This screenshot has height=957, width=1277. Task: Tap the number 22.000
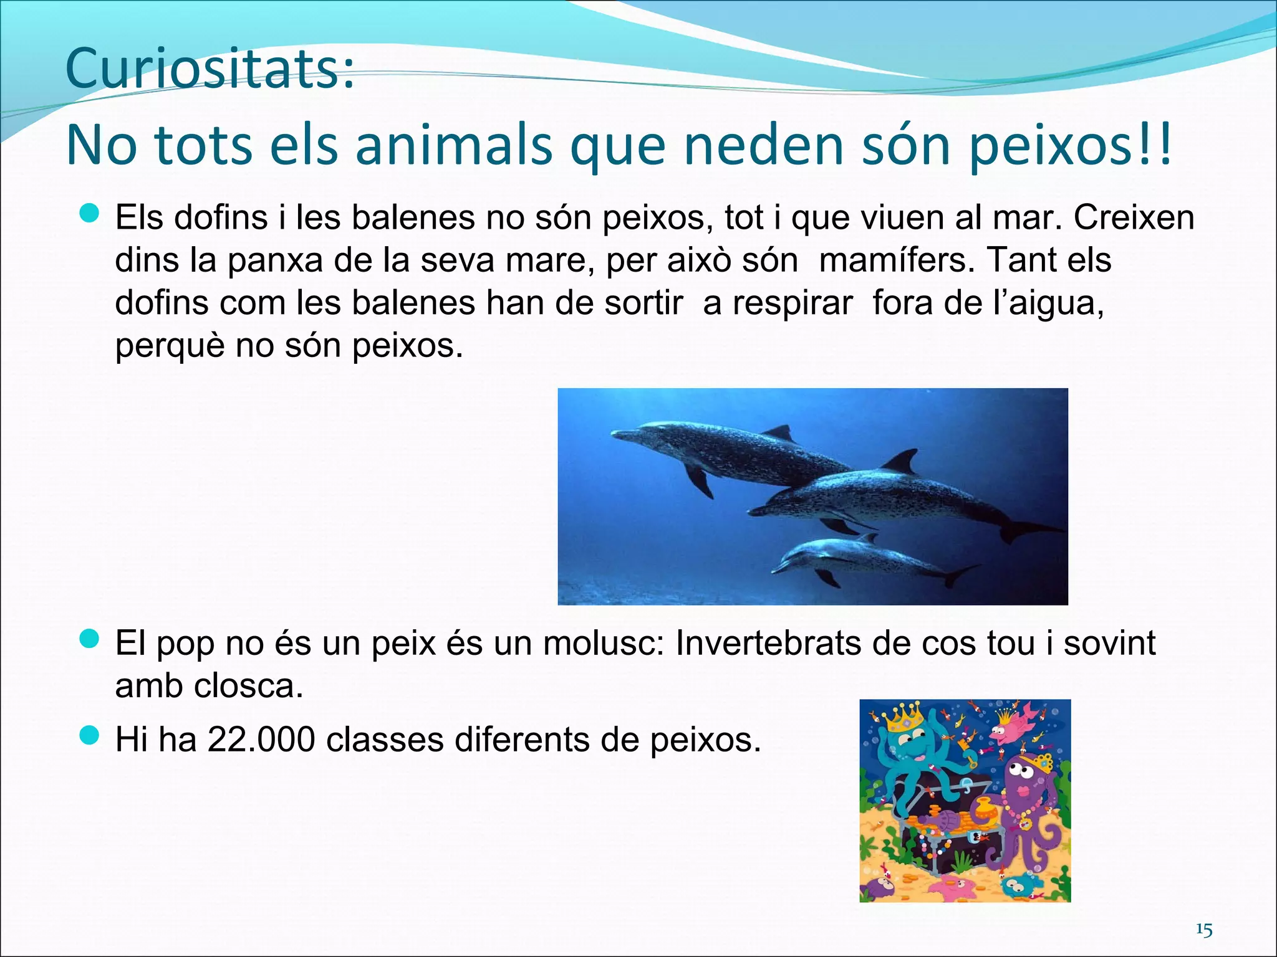261,740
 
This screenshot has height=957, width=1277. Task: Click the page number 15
1204,931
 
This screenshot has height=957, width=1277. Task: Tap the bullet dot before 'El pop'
90,639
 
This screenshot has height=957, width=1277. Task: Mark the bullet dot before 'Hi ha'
90,736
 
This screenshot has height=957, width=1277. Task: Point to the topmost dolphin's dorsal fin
779,432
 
